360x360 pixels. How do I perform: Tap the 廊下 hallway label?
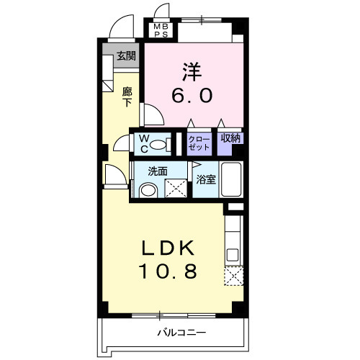(x=127, y=96)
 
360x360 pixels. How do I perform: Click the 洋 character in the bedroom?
(x=190, y=72)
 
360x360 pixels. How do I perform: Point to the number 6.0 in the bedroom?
(x=191, y=95)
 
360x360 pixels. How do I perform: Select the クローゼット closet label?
(x=198, y=142)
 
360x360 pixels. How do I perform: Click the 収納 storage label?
(x=230, y=138)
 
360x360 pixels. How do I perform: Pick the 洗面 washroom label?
(x=158, y=171)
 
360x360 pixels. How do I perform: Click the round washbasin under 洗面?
(x=148, y=191)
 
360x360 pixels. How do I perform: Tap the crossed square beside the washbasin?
(x=175, y=189)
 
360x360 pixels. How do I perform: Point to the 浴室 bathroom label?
(x=206, y=179)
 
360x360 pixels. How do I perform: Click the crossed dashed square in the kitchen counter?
(x=234, y=276)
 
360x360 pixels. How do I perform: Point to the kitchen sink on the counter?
(x=233, y=253)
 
